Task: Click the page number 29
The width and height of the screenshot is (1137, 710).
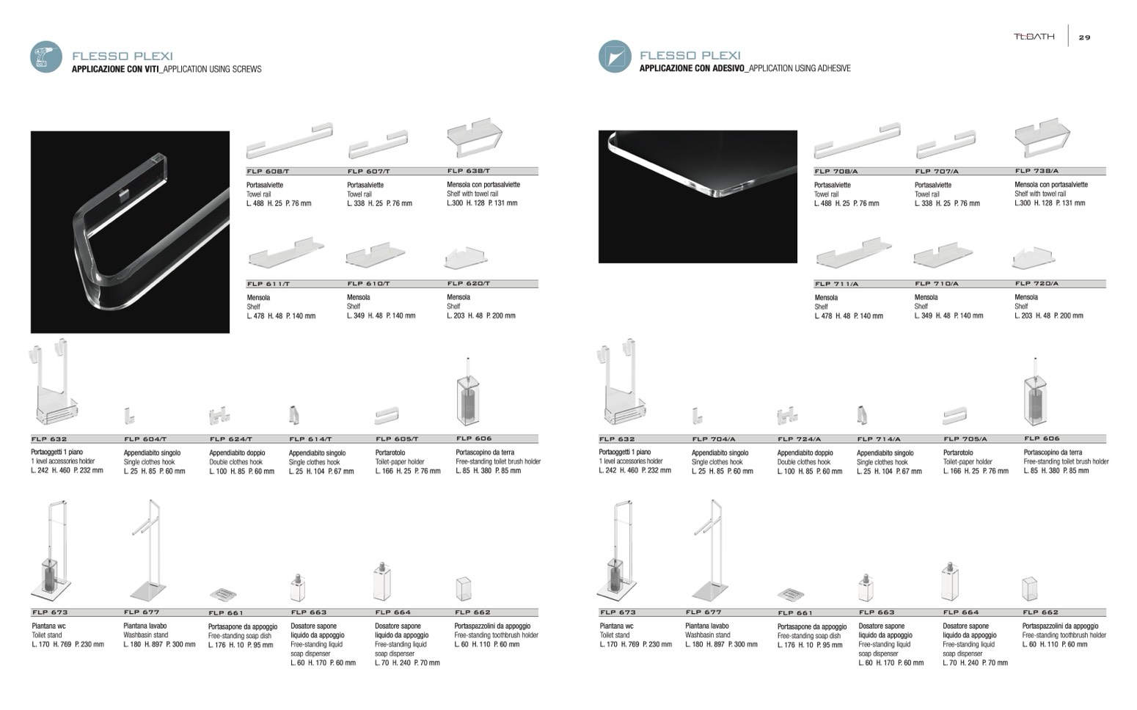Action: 1084,37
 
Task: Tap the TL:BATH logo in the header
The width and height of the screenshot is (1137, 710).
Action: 1034,37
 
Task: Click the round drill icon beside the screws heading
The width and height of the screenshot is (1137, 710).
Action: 45,57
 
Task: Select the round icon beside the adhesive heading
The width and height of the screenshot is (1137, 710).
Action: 614,56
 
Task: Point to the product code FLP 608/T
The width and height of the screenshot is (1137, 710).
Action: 268,172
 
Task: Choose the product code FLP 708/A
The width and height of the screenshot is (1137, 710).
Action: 836,172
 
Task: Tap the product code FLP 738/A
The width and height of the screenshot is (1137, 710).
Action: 1037,171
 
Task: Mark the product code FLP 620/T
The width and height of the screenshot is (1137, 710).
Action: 469,284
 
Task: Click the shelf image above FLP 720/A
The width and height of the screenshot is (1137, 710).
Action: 1034,257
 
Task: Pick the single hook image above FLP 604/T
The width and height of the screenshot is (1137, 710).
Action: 129,416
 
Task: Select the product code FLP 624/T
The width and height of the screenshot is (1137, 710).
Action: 230,439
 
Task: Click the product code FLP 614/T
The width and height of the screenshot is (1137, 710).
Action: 310,439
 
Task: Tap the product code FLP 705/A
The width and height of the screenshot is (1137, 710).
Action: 965,439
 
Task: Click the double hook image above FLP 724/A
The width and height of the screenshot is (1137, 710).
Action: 787,416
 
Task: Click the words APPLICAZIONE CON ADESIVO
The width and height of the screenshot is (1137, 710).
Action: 692,69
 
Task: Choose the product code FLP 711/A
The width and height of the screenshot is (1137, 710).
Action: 836,284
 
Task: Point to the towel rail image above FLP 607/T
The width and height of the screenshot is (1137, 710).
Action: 377,144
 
